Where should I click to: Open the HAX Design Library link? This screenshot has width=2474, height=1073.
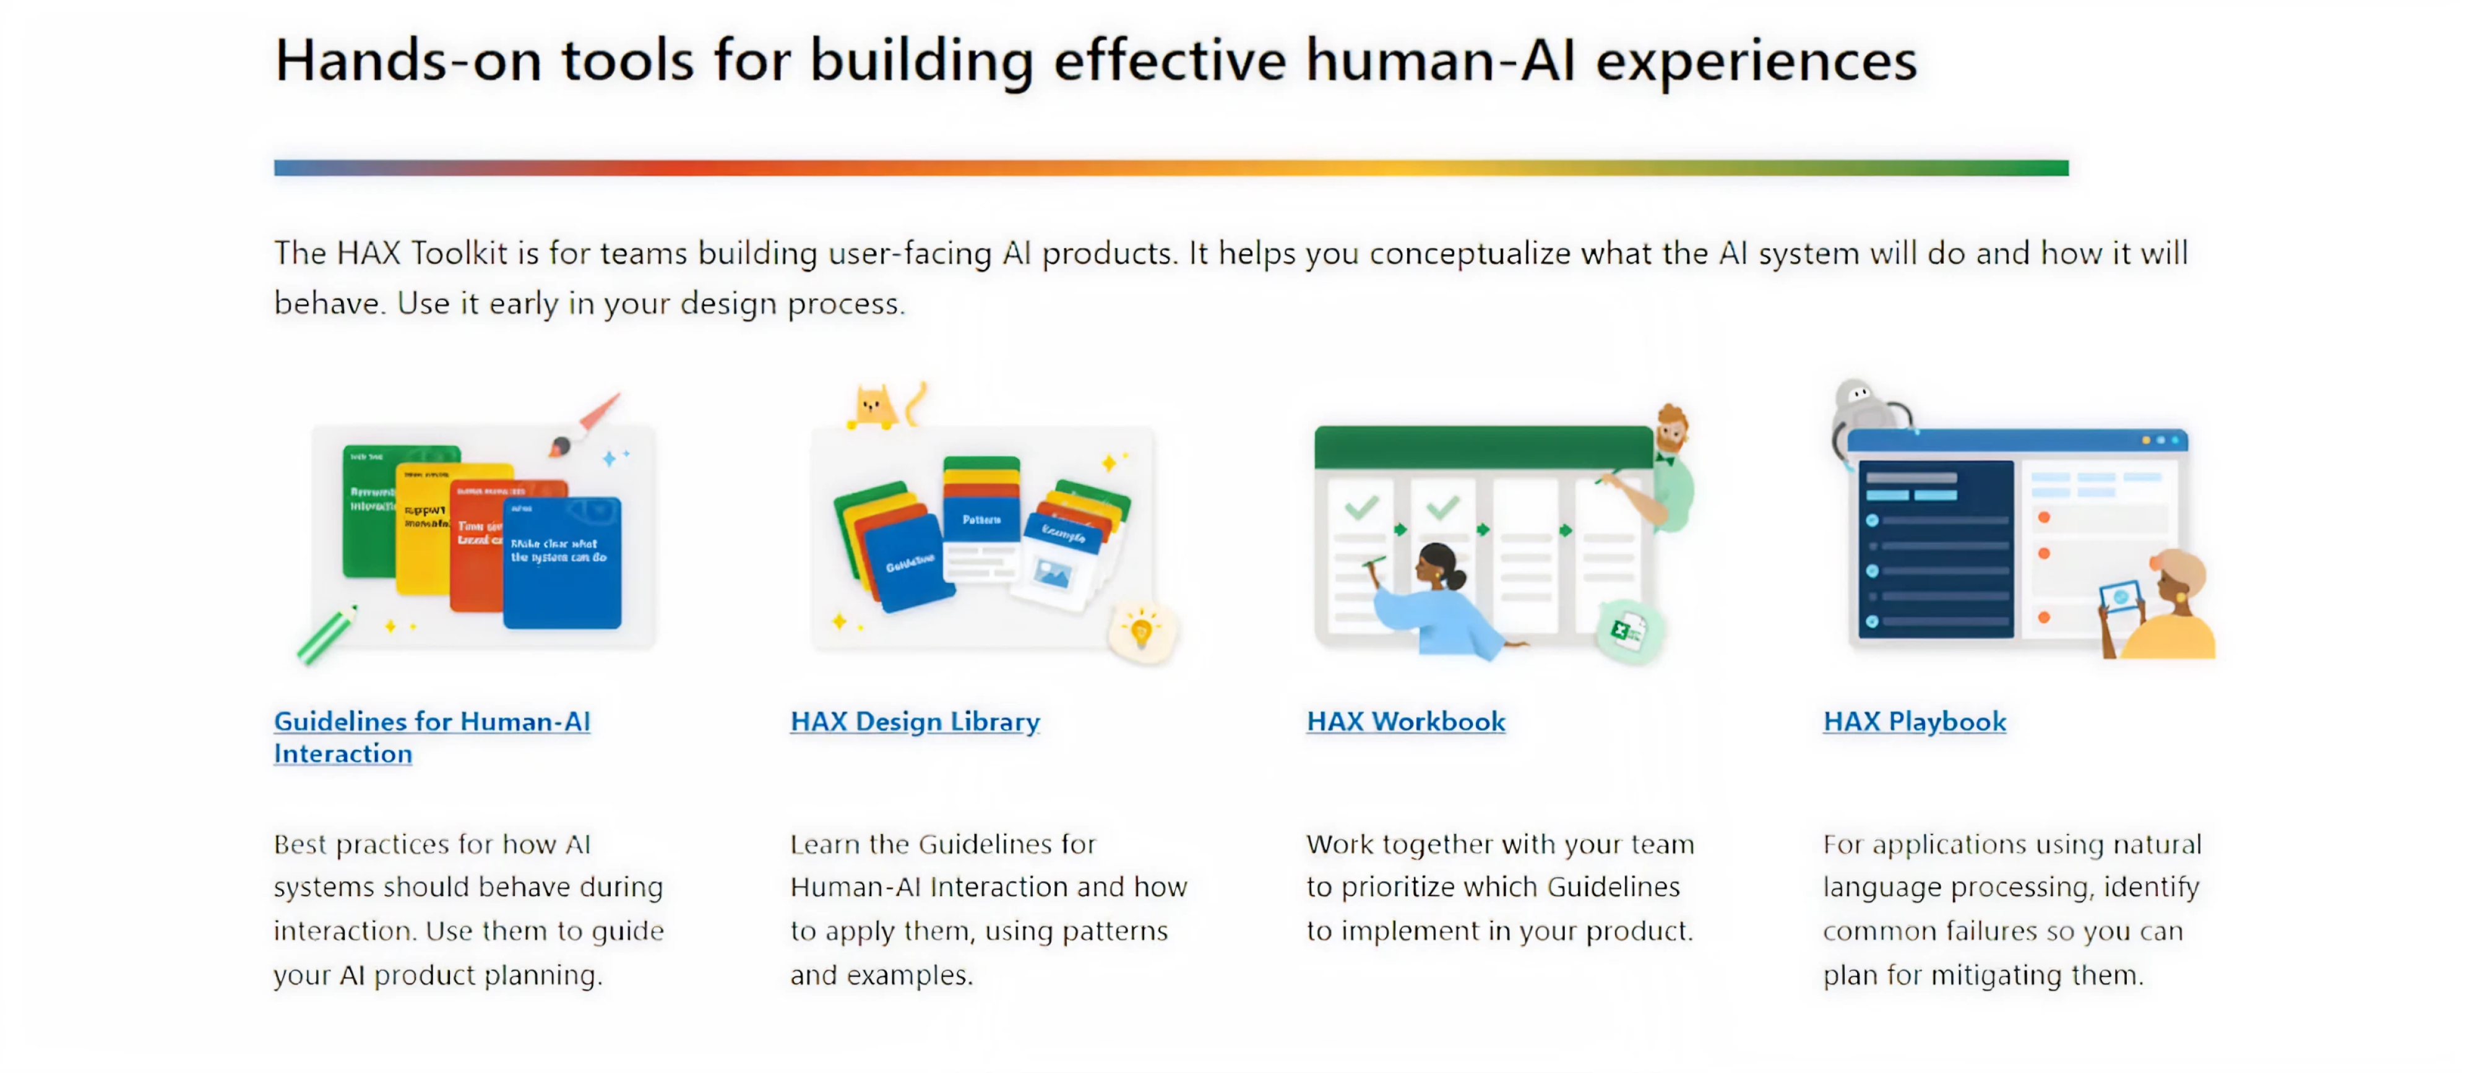click(x=915, y=722)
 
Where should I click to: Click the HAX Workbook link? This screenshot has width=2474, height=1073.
click(x=1405, y=722)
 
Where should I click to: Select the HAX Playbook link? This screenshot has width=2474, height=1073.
click(x=1914, y=722)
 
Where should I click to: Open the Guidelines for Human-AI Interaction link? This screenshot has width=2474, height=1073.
click(x=431, y=737)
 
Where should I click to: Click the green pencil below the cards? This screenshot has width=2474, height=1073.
click(x=327, y=636)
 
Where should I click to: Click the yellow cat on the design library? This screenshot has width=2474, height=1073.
click(x=872, y=407)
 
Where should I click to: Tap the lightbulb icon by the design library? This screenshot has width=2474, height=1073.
click(x=1141, y=632)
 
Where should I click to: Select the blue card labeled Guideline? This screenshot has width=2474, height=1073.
click(x=908, y=562)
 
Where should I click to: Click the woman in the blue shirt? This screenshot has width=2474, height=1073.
click(x=1431, y=600)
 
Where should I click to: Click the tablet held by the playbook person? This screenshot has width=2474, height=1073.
click(x=2119, y=598)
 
